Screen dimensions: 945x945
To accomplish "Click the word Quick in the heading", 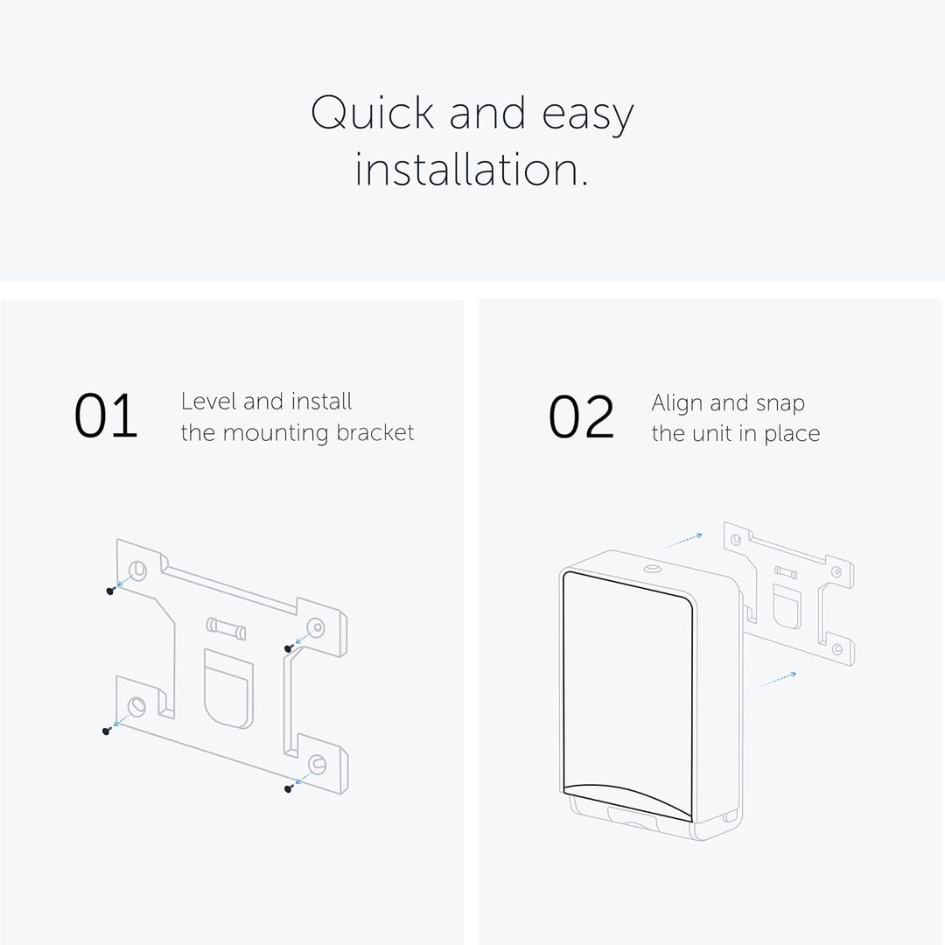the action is tap(372, 113).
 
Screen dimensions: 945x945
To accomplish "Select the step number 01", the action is tap(106, 416).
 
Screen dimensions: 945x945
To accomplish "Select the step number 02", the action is tap(581, 416).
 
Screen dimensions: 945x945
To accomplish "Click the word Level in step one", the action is tap(207, 402).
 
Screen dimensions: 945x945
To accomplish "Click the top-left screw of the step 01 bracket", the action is tap(110, 591).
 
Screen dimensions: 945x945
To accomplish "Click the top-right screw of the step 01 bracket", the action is tap(289, 648).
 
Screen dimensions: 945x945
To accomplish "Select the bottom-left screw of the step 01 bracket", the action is tap(107, 731).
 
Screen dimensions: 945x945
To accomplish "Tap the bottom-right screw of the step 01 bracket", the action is tap(289, 787).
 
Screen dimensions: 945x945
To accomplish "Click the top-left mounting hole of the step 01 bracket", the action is tap(138, 570).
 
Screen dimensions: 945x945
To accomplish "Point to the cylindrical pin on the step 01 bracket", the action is tap(226, 628).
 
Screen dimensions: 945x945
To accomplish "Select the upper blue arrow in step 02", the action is tap(682, 542).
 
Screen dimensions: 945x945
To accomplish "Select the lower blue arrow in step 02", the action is tap(774, 681).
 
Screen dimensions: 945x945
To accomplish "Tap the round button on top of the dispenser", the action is tap(652, 569).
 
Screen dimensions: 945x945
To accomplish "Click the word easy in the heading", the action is tap(588, 115).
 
